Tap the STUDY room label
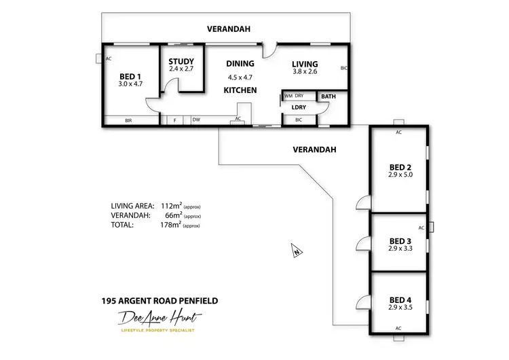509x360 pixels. pos(181,61)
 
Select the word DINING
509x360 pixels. pos(240,64)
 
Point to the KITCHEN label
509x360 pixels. pos(240,90)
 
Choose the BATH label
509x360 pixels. pos(328,96)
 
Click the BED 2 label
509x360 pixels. pos(400,166)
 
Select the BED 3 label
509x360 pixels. pos(400,240)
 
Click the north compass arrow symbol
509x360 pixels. pos(295,250)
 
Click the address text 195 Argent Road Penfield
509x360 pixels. pos(159,300)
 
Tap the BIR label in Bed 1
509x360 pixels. pos(128,121)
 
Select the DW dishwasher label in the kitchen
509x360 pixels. pos(195,120)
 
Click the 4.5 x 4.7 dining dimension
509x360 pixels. pos(240,77)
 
